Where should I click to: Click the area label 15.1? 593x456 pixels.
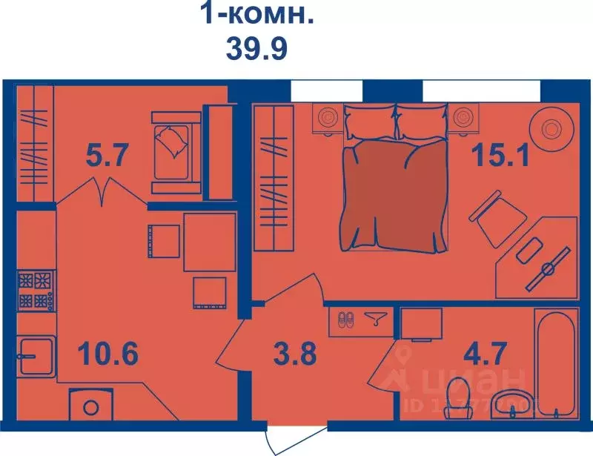pos(501,156)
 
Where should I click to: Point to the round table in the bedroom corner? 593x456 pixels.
pos(552,128)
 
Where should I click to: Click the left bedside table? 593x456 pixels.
pos(327,117)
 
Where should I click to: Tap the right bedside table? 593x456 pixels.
pos(463,117)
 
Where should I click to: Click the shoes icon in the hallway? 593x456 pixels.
pos(346,320)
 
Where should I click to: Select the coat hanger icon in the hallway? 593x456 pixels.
pos(376,319)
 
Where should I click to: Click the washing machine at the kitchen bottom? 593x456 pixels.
pos(91,406)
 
